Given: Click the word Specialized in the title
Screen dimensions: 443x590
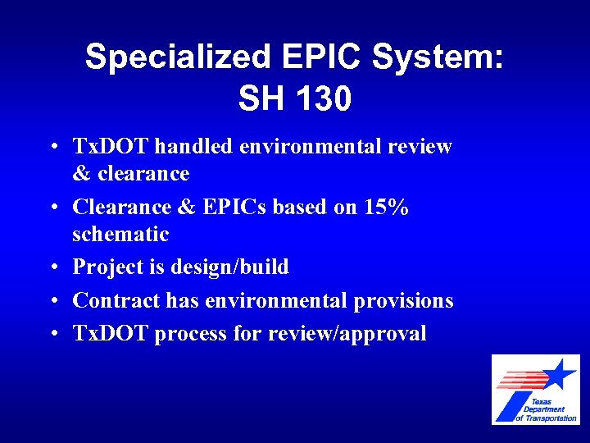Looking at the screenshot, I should click(177, 57).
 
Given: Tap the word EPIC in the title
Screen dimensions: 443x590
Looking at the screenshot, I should click(320, 57).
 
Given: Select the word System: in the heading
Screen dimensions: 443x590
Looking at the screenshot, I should click(440, 57).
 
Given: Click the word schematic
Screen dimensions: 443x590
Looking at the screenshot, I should click(120, 235).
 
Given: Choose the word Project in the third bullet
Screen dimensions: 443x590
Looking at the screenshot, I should click(107, 267).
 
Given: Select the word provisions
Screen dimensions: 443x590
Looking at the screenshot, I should click(403, 301).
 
